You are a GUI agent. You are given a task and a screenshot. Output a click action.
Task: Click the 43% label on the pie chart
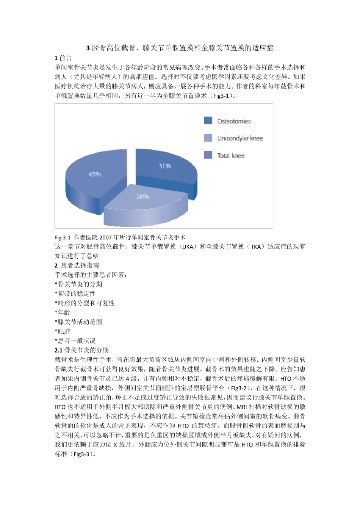(95, 174)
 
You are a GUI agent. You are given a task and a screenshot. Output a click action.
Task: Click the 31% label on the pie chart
(165, 166)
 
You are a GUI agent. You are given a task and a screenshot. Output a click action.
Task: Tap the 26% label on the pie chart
(142, 197)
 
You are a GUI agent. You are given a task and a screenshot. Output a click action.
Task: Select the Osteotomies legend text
(234, 121)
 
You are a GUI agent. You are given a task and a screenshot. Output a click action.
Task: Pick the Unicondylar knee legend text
(240, 138)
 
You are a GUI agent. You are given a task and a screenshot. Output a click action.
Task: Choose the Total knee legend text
(231, 155)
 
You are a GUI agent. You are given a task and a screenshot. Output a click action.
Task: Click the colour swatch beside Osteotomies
(208, 120)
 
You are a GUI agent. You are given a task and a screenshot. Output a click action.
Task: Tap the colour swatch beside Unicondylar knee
(208, 138)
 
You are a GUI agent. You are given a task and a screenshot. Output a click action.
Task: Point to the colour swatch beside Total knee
(208, 155)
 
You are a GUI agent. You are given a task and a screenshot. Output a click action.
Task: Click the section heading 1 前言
(63, 58)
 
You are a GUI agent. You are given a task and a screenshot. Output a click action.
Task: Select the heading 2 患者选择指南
(77, 265)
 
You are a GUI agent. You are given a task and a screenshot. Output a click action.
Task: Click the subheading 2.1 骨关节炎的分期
(81, 350)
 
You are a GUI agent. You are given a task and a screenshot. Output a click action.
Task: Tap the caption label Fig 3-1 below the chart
(63, 237)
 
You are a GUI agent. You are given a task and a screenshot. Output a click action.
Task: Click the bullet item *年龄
(63, 312)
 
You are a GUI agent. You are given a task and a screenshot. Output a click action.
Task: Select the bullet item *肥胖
(63, 331)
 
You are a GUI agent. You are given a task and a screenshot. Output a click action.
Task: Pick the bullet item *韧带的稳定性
(75, 294)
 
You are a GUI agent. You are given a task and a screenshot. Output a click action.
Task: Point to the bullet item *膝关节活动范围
(78, 322)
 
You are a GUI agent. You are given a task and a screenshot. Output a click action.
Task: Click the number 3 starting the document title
(88, 48)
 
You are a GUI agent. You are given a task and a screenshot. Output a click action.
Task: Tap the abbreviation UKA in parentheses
(188, 247)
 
